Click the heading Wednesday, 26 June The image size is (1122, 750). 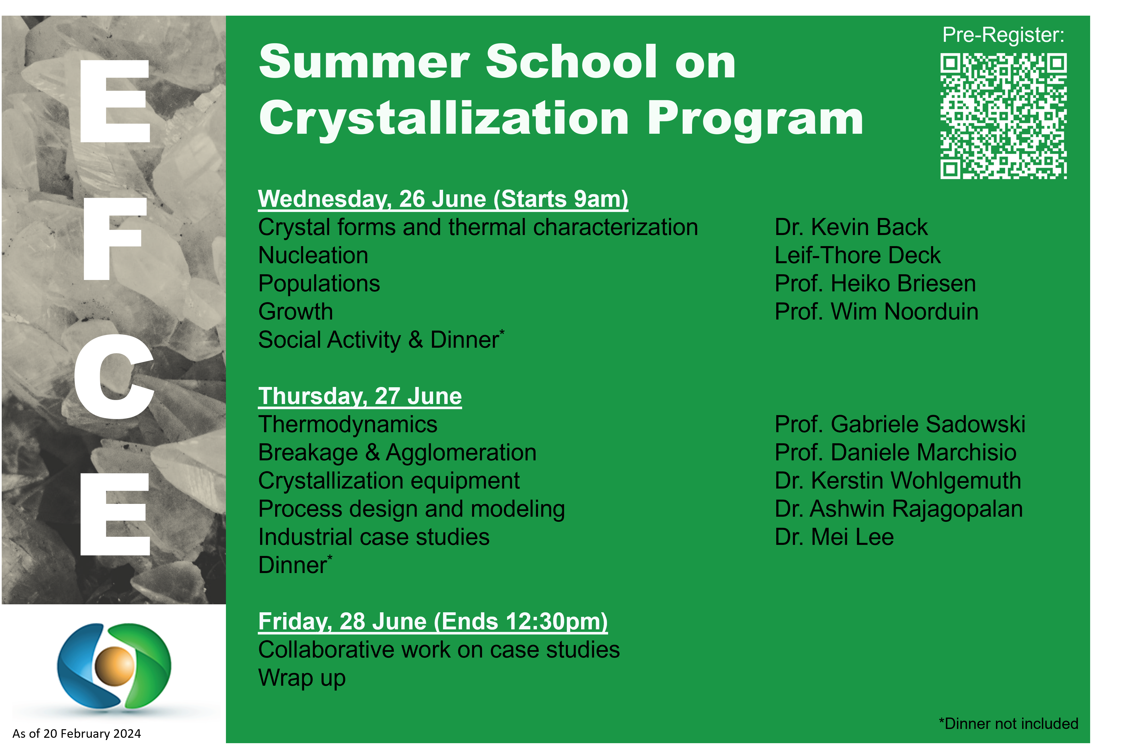443,199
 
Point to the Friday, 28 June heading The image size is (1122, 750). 433,621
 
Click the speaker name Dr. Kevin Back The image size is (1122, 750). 851,227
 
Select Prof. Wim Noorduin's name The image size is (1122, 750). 876,312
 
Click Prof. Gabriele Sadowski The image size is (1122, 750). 899,424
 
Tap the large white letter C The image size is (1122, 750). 114,376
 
